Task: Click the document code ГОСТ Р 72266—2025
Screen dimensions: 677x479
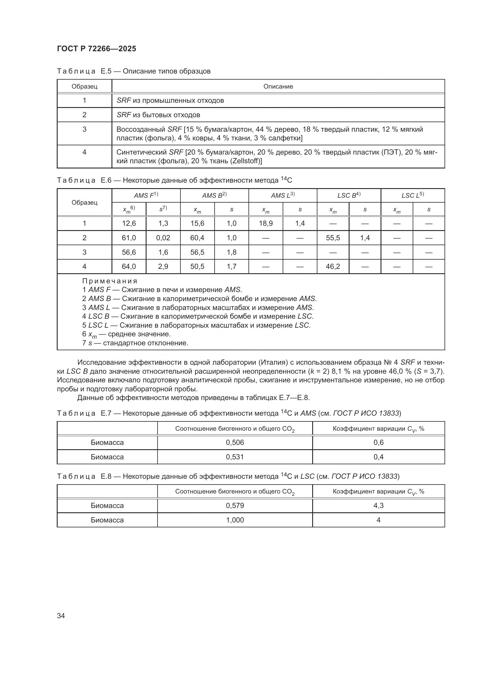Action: click(x=96, y=49)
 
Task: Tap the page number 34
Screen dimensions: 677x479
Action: click(x=61, y=616)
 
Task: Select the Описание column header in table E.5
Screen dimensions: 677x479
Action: click(x=278, y=86)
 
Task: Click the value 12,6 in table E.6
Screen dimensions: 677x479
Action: click(x=129, y=223)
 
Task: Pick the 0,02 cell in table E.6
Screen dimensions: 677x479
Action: click(x=163, y=238)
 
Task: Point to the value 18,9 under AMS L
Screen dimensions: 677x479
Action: click(x=266, y=223)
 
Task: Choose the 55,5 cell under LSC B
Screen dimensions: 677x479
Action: click(x=333, y=238)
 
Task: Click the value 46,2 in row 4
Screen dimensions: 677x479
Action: click(x=333, y=267)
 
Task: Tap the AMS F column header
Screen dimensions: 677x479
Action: click(x=146, y=195)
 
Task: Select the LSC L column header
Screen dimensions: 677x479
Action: click(x=412, y=195)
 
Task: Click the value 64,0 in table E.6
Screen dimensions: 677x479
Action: click(x=129, y=267)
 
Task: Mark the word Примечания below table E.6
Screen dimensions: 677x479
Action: click(x=110, y=281)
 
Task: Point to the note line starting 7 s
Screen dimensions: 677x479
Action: click(x=135, y=343)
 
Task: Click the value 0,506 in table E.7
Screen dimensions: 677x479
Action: click(x=235, y=442)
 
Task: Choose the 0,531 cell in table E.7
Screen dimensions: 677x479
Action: click(x=235, y=457)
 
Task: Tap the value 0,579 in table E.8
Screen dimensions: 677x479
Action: click(x=235, y=505)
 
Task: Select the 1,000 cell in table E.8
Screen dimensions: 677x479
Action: click(x=235, y=520)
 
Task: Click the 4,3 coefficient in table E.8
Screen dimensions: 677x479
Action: click(x=378, y=505)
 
